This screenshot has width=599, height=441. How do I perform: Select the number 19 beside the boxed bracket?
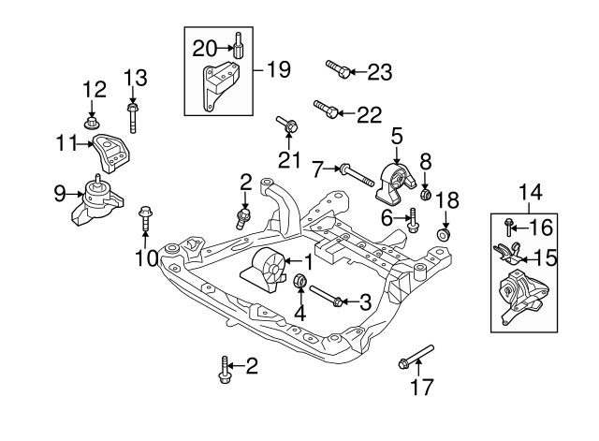(278, 69)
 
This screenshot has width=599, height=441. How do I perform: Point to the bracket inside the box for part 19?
(220, 88)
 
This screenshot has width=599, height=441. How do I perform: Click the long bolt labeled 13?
(133, 118)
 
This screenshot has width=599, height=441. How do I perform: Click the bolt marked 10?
(145, 218)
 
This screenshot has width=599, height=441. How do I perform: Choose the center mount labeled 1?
(265, 272)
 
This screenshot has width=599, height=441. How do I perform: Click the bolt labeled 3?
(328, 297)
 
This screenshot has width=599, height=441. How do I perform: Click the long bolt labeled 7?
(355, 171)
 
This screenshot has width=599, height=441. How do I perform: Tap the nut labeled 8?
(425, 196)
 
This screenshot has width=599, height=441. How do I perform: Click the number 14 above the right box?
(530, 194)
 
